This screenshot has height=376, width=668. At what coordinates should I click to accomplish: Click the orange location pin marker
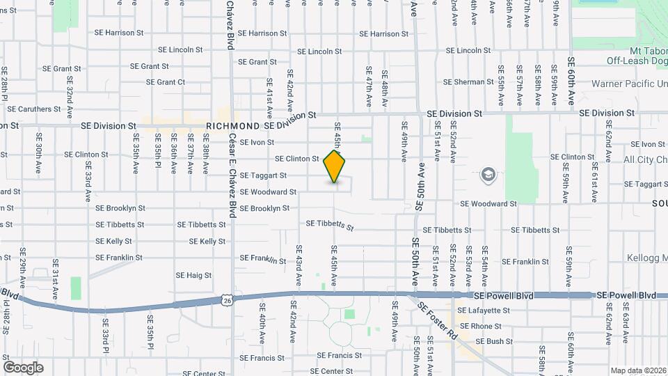pyautogui.click(x=335, y=167)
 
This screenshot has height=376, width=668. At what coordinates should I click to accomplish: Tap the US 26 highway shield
pyautogui.click(x=228, y=299)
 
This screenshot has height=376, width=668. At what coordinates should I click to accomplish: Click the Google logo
pyautogui.click(x=23, y=367)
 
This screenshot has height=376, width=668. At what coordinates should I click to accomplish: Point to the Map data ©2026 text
pyautogui.click(x=638, y=370)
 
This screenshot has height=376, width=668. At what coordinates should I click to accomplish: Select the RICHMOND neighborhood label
pyautogui.click(x=233, y=126)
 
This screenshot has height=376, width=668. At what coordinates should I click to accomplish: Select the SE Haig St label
pyautogui.click(x=193, y=275)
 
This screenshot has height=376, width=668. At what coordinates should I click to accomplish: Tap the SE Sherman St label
pyautogui.click(x=468, y=82)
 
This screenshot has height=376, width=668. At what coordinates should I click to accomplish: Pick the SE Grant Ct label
pyautogui.click(x=166, y=82)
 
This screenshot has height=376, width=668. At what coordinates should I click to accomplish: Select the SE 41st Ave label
pyautogui.click(x=269, y=97)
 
